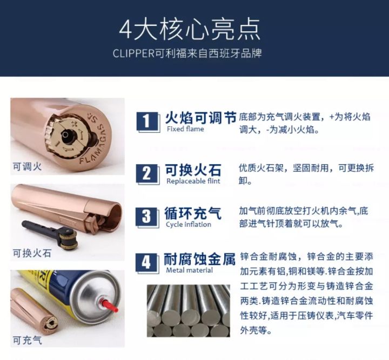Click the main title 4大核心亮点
pyautogui.click(x=190, y=30)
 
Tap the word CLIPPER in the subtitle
pyautogui.click(x=133, y=53)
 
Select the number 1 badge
pyautogui.click(x=147, y=121)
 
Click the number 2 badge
pyautogui.click(x=147, y=174)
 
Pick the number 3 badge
pyautogui.click(x=147, y=217)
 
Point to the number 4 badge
pyautogui.click(x=147, y=263)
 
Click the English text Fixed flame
pyautogui.click(x=185, y=129)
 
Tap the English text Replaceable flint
pyautogui.click(x=193, y=181)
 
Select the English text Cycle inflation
pyautogui.click(x=189, y=225)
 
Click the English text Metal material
pyautogui.click(x=189, y=270)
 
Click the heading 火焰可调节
pyautogui.click(x=200, y=118)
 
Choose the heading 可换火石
pyautogui.click(x=193, y=170)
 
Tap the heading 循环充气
pyautogui.click(x=193, y=213)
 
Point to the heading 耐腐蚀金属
pyautogui.click(x=199, y=259)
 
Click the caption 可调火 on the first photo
pyautogui.click(x=27, y=166)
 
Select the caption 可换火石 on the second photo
pyautogui.click(x=32, y=253)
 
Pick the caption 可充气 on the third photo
pyautogui.click(x=28, y=340)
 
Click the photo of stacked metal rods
pyautogui.click(x=189, y=311)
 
